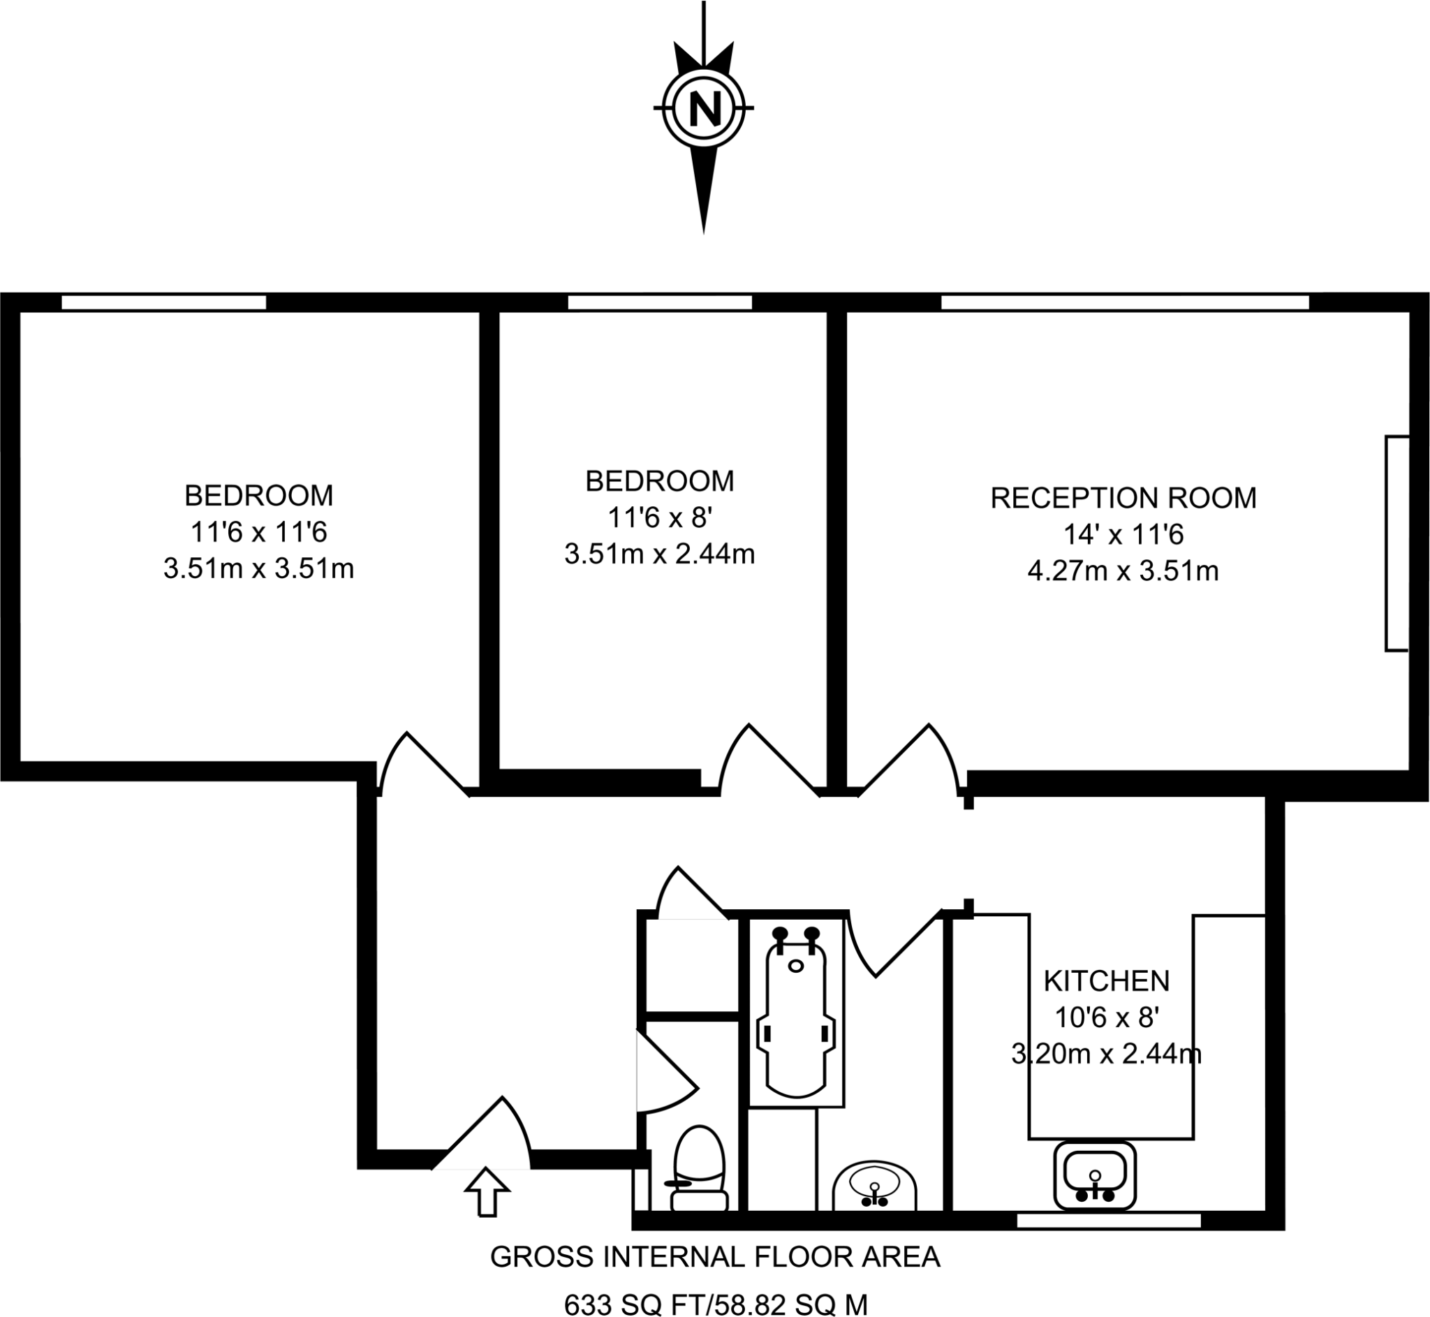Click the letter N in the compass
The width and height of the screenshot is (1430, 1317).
704,109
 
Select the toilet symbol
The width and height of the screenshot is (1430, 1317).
699,1169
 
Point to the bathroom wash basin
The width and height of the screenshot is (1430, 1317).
874,1186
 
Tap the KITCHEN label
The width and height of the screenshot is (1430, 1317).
1106,981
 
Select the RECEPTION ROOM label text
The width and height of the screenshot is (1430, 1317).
1123,498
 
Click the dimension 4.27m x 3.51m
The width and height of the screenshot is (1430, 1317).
1123,571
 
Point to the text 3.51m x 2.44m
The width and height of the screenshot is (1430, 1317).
659,554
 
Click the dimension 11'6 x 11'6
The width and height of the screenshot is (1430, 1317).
258,531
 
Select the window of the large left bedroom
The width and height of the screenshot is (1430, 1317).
164,303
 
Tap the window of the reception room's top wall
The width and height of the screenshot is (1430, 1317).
1125,303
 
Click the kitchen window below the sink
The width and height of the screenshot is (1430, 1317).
1108,1221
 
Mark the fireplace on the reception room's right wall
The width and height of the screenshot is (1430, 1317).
1396,543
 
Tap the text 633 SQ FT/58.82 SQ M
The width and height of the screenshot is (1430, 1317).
716,1304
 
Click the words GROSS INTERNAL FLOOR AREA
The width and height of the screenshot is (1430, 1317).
716,1256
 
